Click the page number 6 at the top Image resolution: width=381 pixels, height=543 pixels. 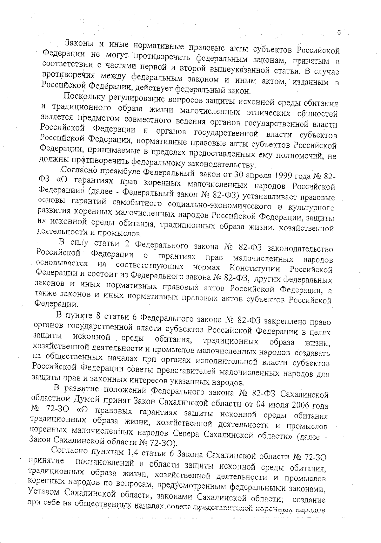338,32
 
